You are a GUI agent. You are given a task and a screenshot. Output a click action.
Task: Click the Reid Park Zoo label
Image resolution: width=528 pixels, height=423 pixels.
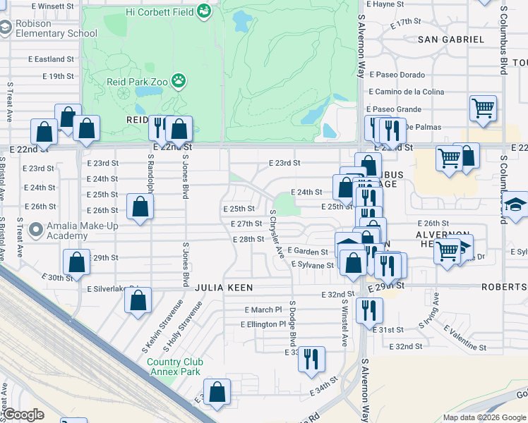click(x=137, y=82)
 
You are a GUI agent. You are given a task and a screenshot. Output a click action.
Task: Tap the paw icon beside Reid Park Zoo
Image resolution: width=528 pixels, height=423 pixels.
click(x=179, y=81)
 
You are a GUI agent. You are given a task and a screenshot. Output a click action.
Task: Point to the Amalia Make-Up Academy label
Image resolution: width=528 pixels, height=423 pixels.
click(x=67, y=230)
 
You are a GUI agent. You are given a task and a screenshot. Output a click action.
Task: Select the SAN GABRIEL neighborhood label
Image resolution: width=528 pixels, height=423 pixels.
click(x=451, y=39)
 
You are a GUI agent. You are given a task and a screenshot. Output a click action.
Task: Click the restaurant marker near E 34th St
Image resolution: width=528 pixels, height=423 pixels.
click(x=311, y=358)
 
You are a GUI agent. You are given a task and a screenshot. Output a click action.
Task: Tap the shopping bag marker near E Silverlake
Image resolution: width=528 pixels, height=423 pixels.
click(x=138, y=299)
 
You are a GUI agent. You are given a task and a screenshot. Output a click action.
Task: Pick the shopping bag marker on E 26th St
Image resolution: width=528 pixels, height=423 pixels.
click(x=140, y=207)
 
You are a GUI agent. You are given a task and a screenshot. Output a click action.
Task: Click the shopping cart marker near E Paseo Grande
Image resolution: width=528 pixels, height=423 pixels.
click(x=484, y=109)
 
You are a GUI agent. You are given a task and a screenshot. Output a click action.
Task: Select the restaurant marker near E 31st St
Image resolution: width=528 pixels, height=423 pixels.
click(x=368, y=309)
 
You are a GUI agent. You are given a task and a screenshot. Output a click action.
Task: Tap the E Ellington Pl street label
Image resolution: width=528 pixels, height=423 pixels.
click(x=263, y=324)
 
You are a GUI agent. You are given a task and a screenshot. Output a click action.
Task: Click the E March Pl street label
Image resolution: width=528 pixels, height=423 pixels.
click(x=263, y=309)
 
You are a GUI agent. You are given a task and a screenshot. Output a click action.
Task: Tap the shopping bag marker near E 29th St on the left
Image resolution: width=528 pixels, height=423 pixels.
click(x=76, y=262)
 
